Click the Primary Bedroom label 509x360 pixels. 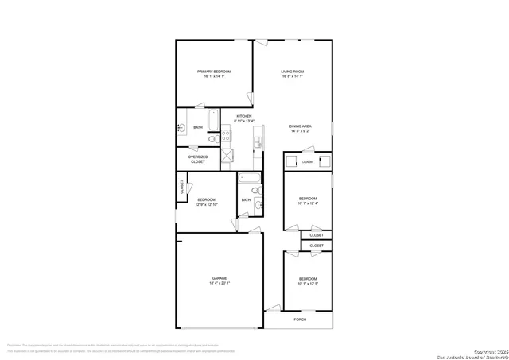tap(214, 72)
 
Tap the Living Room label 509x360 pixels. tap(293, 72)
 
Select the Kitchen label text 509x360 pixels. tap(243, 117)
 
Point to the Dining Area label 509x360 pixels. tap(301, 126)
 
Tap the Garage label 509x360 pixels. tap(219, 278)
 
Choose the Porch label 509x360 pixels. tap(300, 319)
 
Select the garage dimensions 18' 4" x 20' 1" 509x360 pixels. tap(219, 284)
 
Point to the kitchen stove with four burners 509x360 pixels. tap(226, 135)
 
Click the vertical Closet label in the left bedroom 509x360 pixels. tap(181, 188)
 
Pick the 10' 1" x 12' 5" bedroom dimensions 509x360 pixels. tap(308, 284)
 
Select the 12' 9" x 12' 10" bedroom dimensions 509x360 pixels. tap(208, 204)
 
